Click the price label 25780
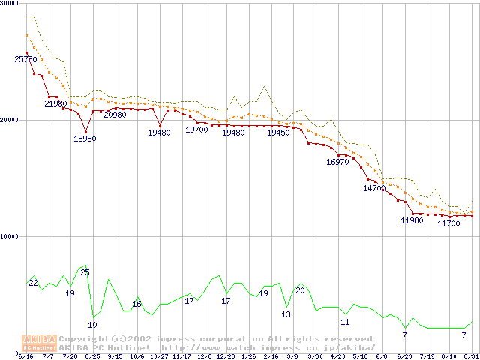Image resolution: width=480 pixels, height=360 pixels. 25,59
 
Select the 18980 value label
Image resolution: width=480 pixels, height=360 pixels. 85,139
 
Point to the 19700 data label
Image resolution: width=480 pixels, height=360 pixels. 196,130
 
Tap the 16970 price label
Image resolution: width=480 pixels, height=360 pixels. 337,162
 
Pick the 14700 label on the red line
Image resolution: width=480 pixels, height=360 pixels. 374,188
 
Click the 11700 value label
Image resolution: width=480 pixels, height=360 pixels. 448,223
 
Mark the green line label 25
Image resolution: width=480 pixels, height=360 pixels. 85,271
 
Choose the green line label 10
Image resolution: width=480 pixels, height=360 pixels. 92,325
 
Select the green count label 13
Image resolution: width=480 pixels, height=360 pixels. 286,314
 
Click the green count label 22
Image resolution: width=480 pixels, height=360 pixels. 33,283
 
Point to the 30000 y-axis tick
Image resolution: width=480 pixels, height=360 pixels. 10,4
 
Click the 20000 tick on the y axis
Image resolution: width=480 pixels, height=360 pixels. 10,120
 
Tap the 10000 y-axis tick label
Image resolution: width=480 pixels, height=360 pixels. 10,236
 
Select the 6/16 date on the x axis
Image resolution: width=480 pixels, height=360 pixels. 25,355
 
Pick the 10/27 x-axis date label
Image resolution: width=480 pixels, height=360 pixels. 160,355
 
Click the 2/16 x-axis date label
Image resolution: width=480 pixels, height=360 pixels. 271,355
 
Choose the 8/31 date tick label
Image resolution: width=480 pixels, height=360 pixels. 471,355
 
